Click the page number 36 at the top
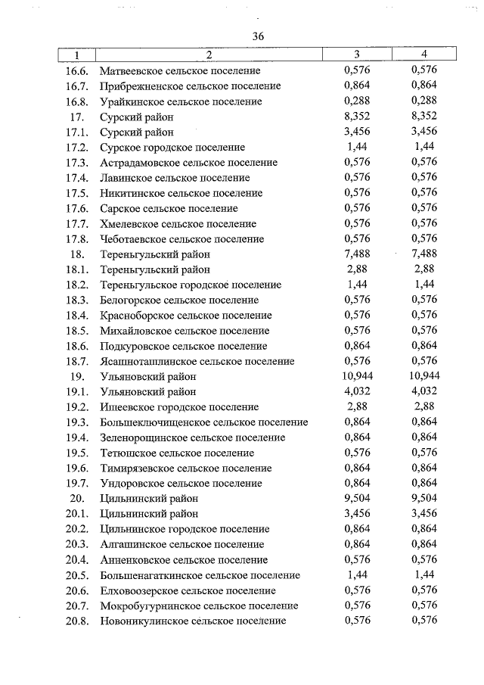click(258, 36)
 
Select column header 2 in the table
click(208, 54)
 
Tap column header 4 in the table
click(425, 54)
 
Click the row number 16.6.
click(77, 70)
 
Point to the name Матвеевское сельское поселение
click(186, 70)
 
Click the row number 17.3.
click(77, 162)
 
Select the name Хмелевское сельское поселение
click(178, 223)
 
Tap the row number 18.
click(76, 254)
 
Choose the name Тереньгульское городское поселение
click(191, 285)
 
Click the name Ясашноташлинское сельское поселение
click(197, 361)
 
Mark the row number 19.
click(76, 376)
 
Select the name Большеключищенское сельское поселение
click(204, 422)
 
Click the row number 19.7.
click(77, 483)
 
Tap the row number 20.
click(76, 499)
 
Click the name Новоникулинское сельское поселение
click(193, 621)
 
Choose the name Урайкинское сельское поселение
click(181, 101)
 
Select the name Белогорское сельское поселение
click(179, 300)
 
